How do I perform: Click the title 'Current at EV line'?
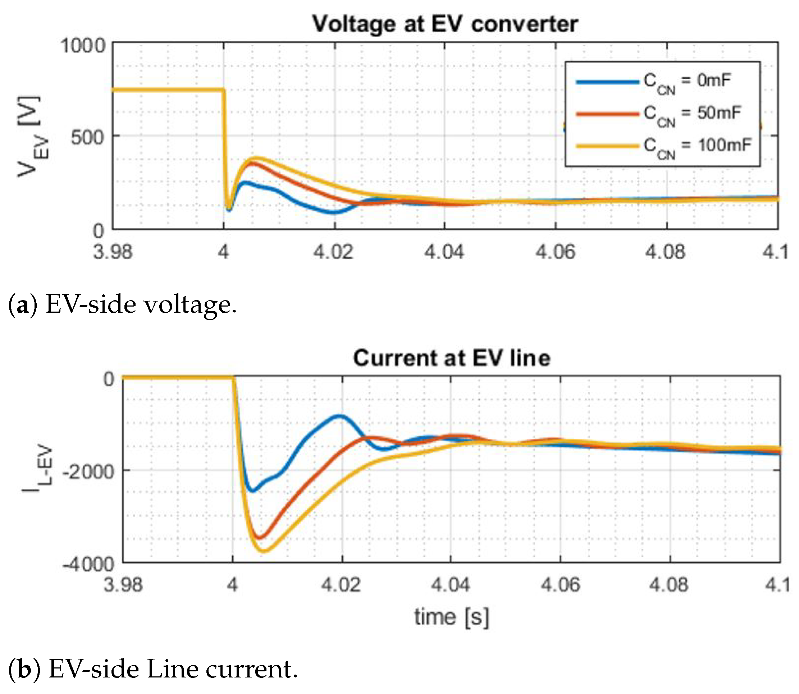coord(451,358)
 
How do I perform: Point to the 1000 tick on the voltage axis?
coord(83,46)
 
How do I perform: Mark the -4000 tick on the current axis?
coord(89,564)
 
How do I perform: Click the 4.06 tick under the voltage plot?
coord(555,252)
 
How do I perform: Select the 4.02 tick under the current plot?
coord(341,584)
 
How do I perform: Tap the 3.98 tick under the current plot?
coord(123,584)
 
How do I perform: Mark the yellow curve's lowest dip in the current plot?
coord(264,551)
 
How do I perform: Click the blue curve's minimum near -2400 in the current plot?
coord(252,491)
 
